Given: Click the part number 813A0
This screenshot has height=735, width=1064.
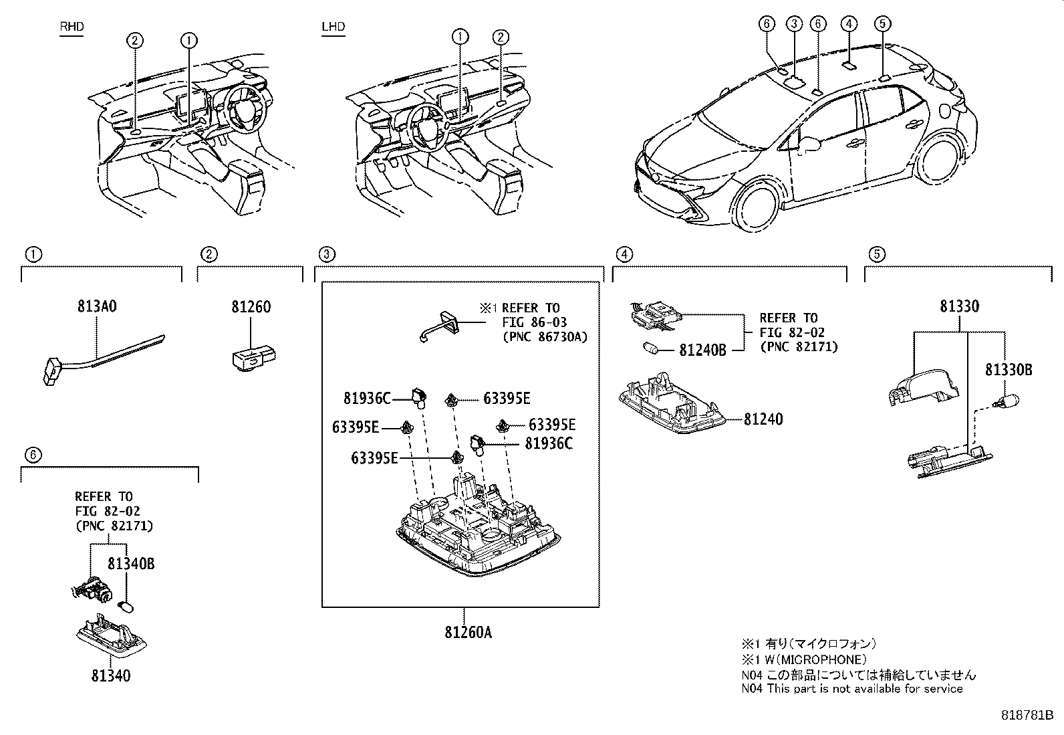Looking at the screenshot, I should pos(97,307).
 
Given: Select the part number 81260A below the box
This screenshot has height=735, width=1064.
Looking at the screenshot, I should pos(468,631).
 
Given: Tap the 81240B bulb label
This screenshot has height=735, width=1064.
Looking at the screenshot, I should pos(702,350).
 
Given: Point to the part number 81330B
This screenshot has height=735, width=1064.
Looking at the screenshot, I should pos(1008,370).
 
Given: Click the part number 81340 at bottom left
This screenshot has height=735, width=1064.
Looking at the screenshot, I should pos(111,675).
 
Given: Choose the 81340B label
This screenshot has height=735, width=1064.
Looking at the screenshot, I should pos(131,564).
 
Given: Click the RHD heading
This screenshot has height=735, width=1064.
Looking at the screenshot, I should pos(72,27).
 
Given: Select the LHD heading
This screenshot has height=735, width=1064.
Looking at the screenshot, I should pos(334,27).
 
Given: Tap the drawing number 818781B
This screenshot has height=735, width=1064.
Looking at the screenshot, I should pos(1027,715).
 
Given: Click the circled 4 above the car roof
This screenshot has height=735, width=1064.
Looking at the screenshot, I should pos(848,24).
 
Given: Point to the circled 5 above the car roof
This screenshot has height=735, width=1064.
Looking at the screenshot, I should pos(882,24).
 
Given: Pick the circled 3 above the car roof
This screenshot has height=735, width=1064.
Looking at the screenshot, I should pos(793,24).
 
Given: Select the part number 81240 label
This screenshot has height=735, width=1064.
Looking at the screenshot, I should pos(763,419).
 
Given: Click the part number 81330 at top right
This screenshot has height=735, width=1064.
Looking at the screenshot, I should pos(959,306).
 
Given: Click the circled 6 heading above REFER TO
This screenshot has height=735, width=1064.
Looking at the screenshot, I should pos(33,455).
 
